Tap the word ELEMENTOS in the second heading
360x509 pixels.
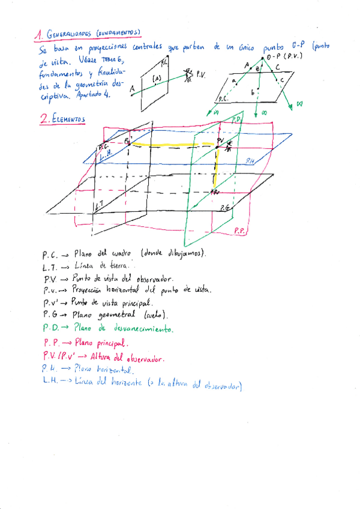click(68, 120)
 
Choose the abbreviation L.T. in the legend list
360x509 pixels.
click(50, 266)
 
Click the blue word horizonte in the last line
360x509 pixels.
click(124, 382)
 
